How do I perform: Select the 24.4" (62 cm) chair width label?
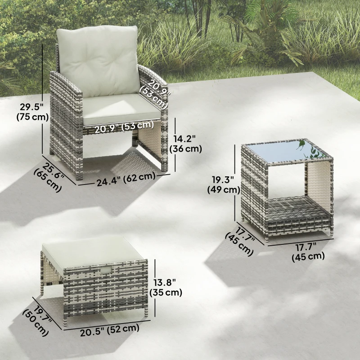(x=126, y=177)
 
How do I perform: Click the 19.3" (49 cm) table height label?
(x=223, y=184)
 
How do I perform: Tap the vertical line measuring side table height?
(x=237, y=184)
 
